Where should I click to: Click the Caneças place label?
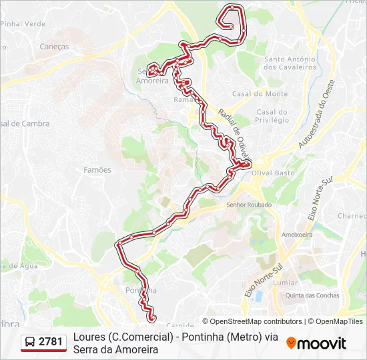pyautogui.click(x=54, y=47)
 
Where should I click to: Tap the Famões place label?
pyautogui.click(x=97, y=170)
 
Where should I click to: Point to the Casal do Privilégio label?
pyautogui.click(x=272, y=116)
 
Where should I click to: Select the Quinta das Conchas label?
pyautogui.click(x=312, y=295)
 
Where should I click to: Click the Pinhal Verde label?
pyautogui.click(x=23, y=23)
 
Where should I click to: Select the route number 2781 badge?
pyautogui.click(x=51, y=342)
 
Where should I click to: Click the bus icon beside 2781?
pyautogui.click(x=31, y=343)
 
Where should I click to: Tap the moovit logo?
pyautogui.click(x=316, y=343)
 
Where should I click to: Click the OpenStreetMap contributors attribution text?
pyautogui.click(x=256, y=321)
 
